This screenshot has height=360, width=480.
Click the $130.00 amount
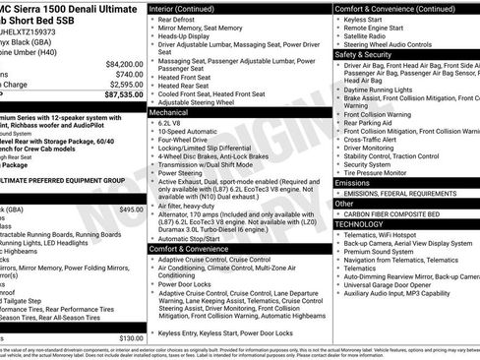pyautogui.click(x=131, y=337)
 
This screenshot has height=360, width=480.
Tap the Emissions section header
pyautogui.click(x=353, y=183)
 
